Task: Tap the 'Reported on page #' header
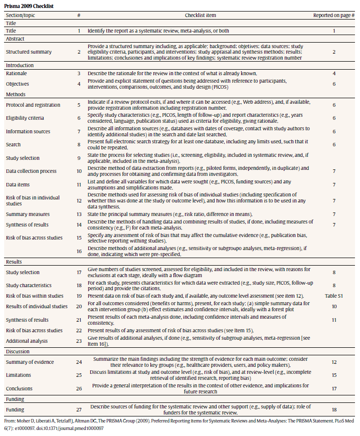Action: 334,15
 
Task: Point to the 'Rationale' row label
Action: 17,73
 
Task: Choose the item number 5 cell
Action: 79,105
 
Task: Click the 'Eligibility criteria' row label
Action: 25,118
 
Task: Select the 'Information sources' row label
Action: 28,131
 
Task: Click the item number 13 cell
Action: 79,214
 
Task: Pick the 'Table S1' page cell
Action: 334,296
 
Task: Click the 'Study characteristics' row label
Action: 29,286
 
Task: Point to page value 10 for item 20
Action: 334,306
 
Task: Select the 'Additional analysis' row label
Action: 27,341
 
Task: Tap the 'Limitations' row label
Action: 19,375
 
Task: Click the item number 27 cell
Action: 79,409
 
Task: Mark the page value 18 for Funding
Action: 334,409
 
